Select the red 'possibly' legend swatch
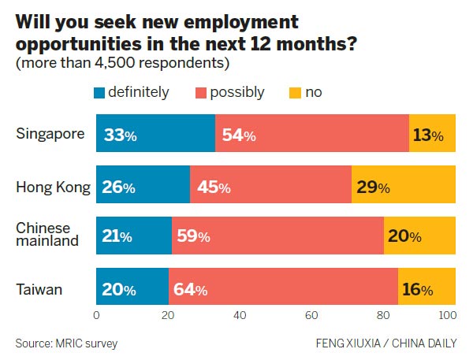(202, 93)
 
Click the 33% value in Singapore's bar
(121, 135)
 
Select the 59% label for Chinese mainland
(194, 236)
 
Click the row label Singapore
(50, 133)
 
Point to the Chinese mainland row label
(48, 234)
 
